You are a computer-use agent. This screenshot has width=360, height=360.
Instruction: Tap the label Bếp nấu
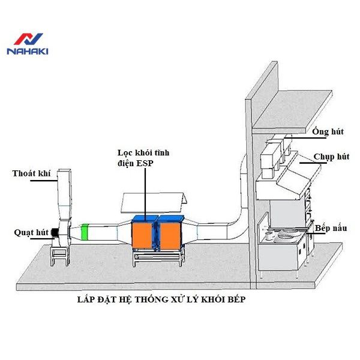coord(333,228)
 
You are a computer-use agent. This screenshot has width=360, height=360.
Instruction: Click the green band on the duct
coord(85,231)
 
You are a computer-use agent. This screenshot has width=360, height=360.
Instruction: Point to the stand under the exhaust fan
coord(61,256)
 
